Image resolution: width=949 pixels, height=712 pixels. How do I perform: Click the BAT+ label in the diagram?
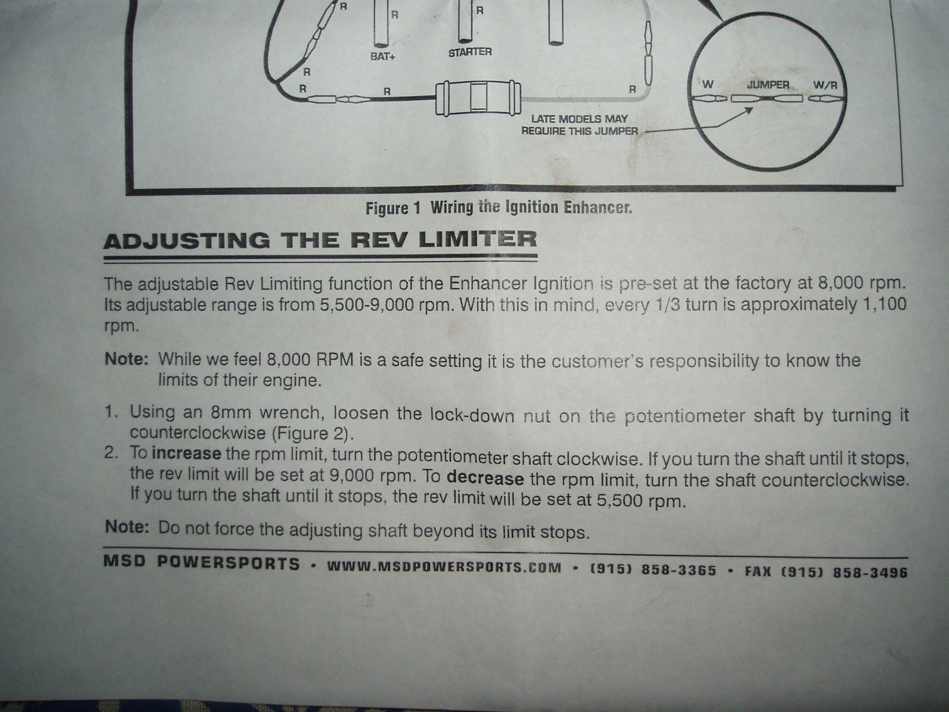tap(382, 57)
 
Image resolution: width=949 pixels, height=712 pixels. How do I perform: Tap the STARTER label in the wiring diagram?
tap(470, 52)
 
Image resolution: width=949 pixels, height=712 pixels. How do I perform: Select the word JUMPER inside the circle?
tap(768, 85)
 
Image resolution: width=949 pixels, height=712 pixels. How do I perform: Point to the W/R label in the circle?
tap(825, 85)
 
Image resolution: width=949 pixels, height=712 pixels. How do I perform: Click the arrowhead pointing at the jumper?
tap(749, 110)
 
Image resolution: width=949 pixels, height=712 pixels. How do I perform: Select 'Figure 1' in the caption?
tap(393, 208)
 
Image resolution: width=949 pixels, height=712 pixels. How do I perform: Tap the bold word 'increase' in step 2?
tap(186, 453)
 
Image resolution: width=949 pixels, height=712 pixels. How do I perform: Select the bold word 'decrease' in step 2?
tap(485, 478)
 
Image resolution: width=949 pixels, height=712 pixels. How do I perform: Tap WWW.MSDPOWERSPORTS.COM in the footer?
tap(444, 567)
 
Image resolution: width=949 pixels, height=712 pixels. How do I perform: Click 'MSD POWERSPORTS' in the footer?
tap(201, 563)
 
